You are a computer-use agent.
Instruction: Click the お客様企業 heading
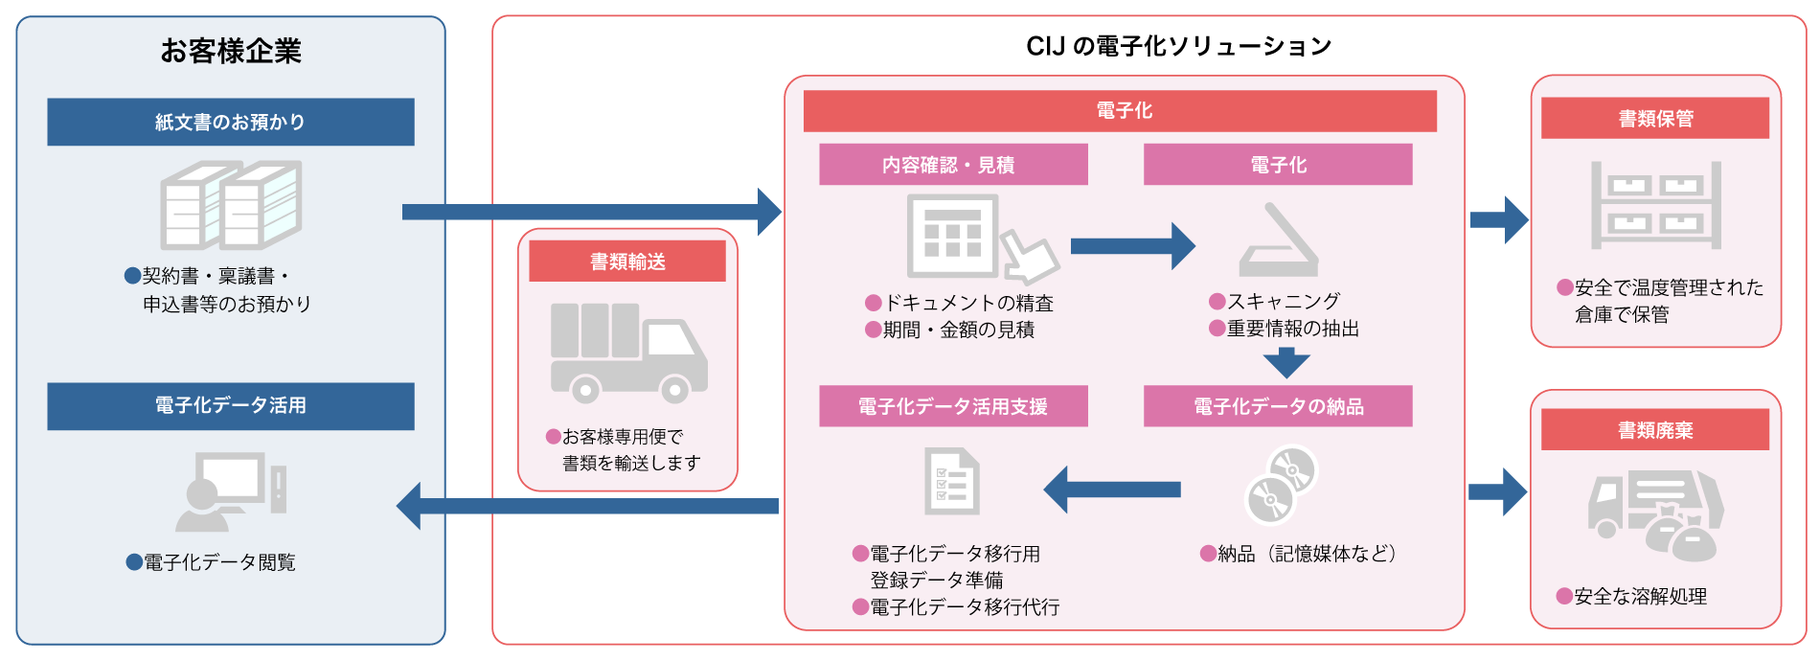tap(231, 50)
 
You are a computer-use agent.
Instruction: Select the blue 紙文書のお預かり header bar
tap(231, 122)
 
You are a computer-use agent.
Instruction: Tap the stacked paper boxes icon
tap(231, 205)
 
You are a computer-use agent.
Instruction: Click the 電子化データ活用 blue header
tap(231, 406)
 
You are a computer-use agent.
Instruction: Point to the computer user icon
tap(231, 491)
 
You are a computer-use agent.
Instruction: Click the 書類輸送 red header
tap(627, 261)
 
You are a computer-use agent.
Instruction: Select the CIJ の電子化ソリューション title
tap(1179, 46)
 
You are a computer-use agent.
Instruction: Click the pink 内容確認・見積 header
tap(953, 165)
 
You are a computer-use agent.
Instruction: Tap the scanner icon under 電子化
tap(1279, 239)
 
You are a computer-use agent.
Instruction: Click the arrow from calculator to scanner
tap(1132, 246)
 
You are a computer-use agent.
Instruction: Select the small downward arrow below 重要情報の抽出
tap(1286, 363)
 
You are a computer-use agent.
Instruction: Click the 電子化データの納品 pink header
tap(1278, 406)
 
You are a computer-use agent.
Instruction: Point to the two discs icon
tap(1281, 485)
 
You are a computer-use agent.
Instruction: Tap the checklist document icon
tap(952, 482)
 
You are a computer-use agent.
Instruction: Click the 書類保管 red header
tap(1655, 118)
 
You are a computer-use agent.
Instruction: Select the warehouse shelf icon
tap(1656, 205)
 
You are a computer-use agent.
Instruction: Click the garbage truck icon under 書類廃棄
tap(1656, 515)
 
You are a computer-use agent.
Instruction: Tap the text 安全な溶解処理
tap(1640, 596)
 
